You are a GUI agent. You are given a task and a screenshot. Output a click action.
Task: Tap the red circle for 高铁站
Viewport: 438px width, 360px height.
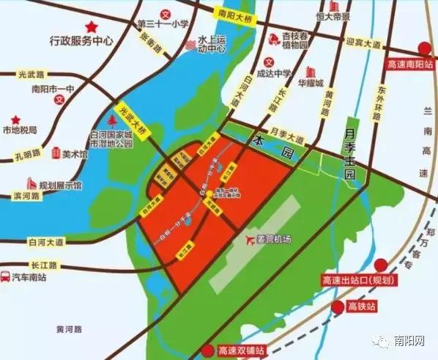(338, 306)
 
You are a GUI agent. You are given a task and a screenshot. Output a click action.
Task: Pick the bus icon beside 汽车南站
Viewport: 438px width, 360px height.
(6, 278)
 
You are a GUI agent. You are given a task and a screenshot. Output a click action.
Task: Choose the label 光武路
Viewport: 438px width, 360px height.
(31, 73)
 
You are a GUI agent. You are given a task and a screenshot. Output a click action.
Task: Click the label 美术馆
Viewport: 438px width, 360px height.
(74, 154)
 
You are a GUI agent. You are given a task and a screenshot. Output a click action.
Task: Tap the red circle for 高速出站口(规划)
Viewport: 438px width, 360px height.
(380, 265)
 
